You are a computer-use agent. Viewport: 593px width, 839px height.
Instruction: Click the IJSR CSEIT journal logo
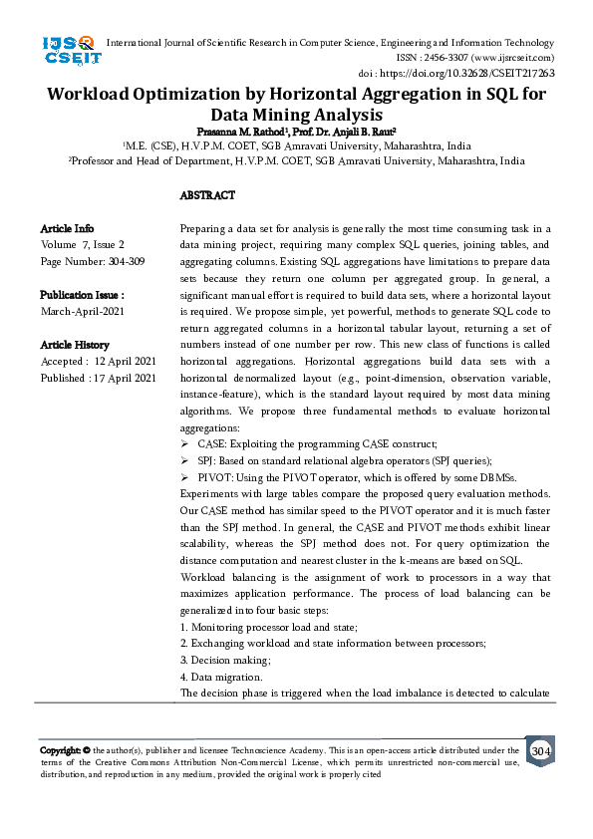(71, 50)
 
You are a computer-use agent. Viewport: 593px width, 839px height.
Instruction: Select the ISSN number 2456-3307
(445, 58)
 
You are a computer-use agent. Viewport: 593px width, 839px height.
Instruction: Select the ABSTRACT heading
(207, 195)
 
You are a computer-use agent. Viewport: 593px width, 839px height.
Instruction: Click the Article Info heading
(68, 228)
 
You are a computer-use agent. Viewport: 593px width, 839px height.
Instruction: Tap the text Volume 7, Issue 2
(83, 244)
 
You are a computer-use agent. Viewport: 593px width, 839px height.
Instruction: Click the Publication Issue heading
(82, 295)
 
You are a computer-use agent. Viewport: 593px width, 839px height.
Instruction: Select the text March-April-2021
(83, 312)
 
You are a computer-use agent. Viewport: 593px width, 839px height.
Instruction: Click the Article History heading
(75, 345)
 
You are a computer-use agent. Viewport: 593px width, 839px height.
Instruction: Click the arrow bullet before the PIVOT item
(185, 478)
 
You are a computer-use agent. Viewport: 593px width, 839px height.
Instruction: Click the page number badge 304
(540, 750)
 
